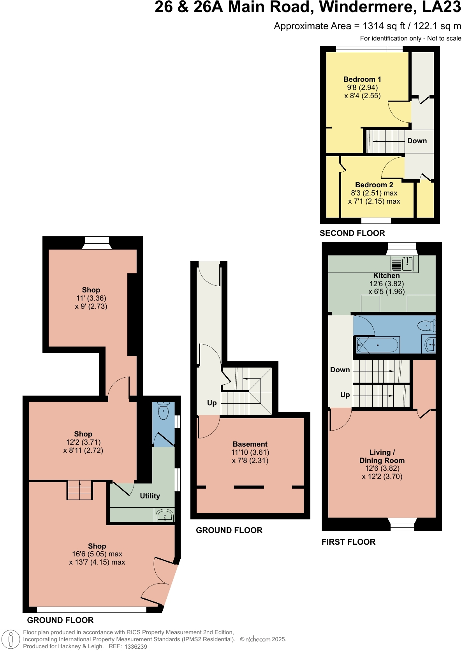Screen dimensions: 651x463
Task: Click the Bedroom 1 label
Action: coord(362,79)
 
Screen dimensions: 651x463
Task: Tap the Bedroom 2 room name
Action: coord(374,185)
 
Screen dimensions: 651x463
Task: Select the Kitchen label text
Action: coord(386,276)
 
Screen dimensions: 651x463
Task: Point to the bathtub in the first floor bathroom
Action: coord(377,345)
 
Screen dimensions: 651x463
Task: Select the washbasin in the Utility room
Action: coord(165,516)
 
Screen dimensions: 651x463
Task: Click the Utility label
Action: coord(150,496)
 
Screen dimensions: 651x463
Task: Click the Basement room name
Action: coord(250,444)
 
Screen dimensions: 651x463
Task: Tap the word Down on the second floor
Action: coord(417,141)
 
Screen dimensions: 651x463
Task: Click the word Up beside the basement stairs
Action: coord(212,403)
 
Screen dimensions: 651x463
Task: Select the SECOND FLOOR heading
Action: coord(352,233)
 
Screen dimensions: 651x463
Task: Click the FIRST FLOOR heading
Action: coord(348,542)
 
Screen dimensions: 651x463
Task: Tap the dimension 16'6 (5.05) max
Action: coord(97,554)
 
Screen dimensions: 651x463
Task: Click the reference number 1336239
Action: coord(136,647)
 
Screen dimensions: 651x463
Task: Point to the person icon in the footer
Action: coord(11,639)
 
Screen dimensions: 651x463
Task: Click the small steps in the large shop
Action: coord(80,490)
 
